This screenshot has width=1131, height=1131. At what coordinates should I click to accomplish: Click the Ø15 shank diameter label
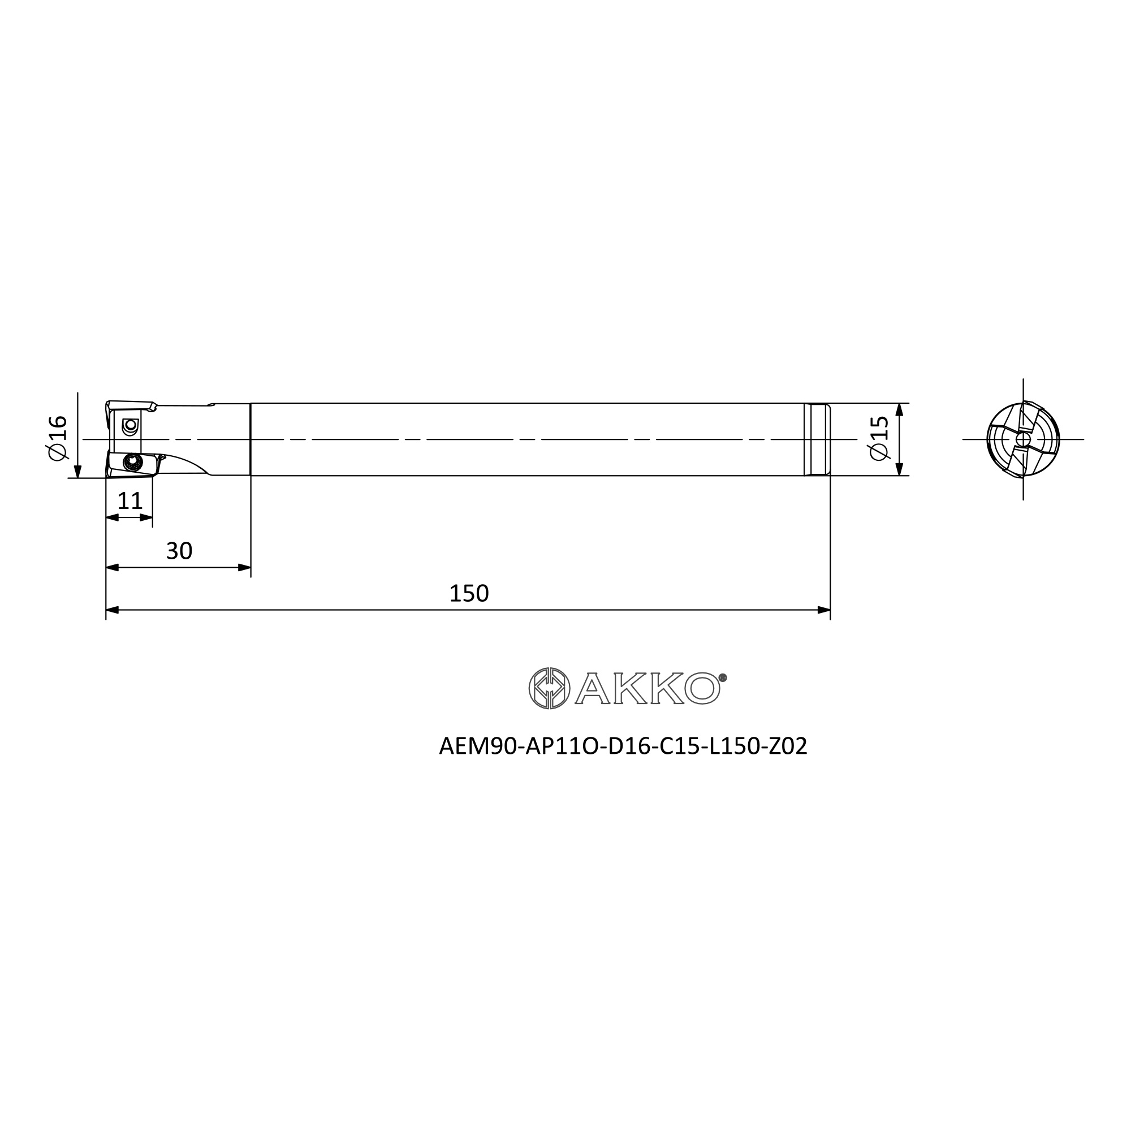tap(879, 438)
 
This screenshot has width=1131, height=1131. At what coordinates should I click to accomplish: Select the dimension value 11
tap(130, 501)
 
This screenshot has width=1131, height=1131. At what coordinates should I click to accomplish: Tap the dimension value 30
tap(179, 551)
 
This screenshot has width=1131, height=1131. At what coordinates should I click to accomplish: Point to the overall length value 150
tap(469, 594)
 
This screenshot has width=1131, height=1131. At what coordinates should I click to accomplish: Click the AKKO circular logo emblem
tap(549, 688)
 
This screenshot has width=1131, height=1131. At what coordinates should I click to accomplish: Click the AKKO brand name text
tap(647, 688)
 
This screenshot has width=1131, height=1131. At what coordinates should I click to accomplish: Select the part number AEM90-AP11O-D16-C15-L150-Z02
tap(623, 746)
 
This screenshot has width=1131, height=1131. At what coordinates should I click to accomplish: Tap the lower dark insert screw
tap(133, 463)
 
